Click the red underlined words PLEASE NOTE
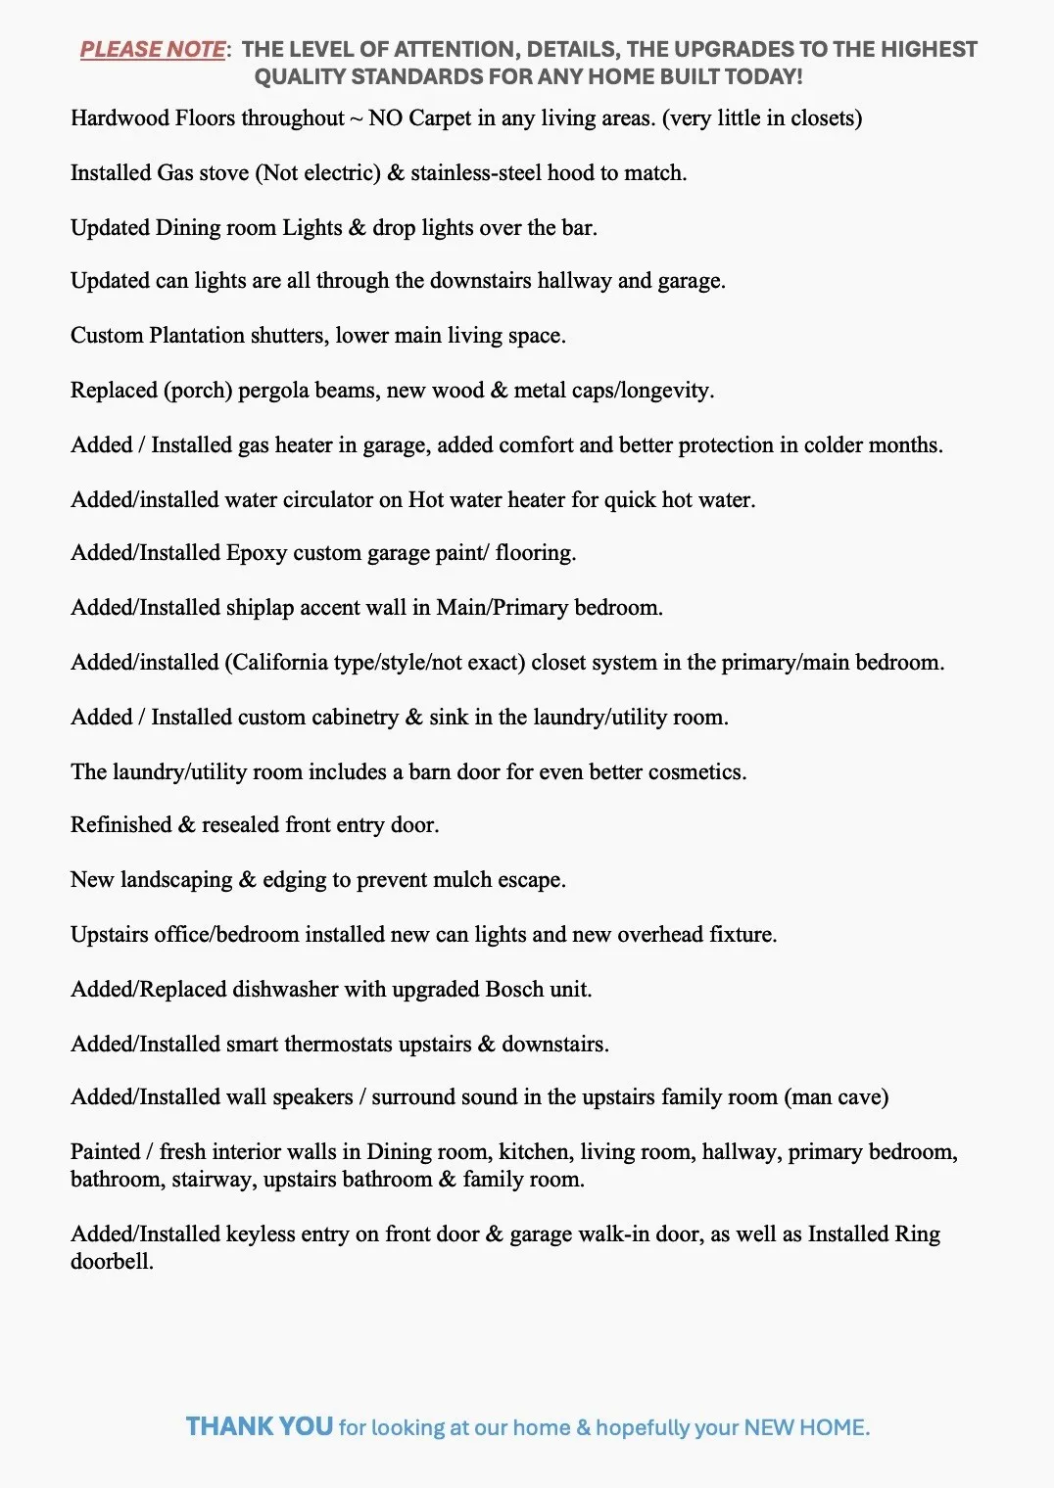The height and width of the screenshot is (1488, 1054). point(153,49)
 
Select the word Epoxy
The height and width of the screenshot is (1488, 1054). point(257,553)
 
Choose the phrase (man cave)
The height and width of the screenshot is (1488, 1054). point(837,1097)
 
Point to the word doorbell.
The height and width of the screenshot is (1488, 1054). point(111,1262)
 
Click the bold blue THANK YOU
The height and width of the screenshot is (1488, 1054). point(260,1426)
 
